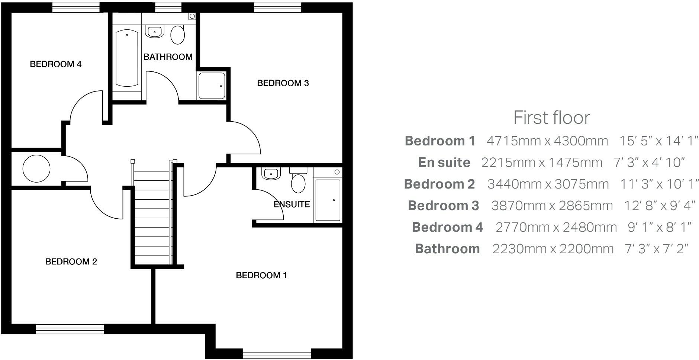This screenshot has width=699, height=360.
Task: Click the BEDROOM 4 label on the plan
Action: click(55, 64)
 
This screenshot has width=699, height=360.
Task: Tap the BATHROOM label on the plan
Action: click(168, 57)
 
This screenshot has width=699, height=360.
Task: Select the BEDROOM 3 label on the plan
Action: click(283, 83)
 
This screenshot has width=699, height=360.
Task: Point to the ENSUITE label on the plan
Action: click(291, 204)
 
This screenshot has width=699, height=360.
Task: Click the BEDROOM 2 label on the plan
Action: click(71, 261)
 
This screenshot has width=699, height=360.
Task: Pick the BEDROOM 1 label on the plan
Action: click(261, 275)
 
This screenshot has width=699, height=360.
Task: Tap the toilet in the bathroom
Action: click(178, 35)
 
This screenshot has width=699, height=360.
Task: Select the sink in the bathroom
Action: click(155, 31)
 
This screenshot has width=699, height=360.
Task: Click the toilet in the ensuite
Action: click(298, 181)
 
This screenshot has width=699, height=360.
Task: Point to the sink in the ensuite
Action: click(271, 174)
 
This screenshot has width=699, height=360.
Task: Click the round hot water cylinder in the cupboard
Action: click(36, 168)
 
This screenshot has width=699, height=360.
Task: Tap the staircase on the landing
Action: click(152, 212)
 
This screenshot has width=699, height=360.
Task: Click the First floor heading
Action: click(551, 118)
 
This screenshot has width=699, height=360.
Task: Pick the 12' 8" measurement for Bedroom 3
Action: click(639, 206)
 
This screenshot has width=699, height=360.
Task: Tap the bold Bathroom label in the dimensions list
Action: click(447, 249)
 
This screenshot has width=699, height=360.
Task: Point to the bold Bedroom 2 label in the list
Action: click(439, 184)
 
